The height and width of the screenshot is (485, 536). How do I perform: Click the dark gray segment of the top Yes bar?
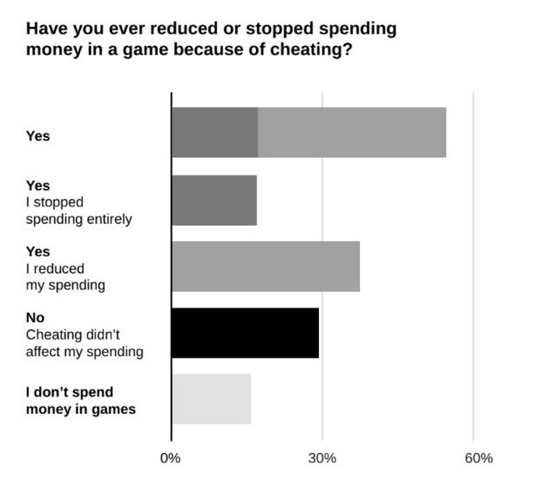pyautogui.click(x=214, y=132)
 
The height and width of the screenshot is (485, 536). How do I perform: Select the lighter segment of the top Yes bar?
pyautogui.click(x=352, y=132)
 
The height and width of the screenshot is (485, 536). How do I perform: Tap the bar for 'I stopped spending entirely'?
pyautogui.click(x=214, y=200)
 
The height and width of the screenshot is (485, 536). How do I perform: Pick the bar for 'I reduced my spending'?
pyautogui.click(x=265, y=267)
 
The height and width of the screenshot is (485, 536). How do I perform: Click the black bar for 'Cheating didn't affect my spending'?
pyautogui.click(x=245, y=333)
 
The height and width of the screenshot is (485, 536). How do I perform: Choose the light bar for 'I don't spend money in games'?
pyautogui.click(x=211, y=399)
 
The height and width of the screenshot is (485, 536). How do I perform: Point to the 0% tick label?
pyautogui.click(x=171, y=458)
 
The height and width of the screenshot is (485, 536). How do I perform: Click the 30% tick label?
pyautogui.click(x=322, y=458)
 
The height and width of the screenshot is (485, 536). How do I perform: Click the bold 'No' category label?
pyautogui.click(x=35, y=317)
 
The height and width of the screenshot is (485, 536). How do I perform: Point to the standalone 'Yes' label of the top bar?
pyautogui.click(x=38, y=136)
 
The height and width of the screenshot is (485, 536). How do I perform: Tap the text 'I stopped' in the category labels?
pyautogui.click(x=54, y=202)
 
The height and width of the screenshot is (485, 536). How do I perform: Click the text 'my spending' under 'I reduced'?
pyautogui.click(x=65, y=285)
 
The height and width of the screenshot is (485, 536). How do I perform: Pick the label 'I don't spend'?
pyautogui.click(x=70, y=392)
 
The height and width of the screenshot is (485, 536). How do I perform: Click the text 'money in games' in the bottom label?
pyautogui.click(x=81, y=408)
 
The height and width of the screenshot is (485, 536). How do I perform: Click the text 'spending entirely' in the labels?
pyautogui.click(x=79, y=218)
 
